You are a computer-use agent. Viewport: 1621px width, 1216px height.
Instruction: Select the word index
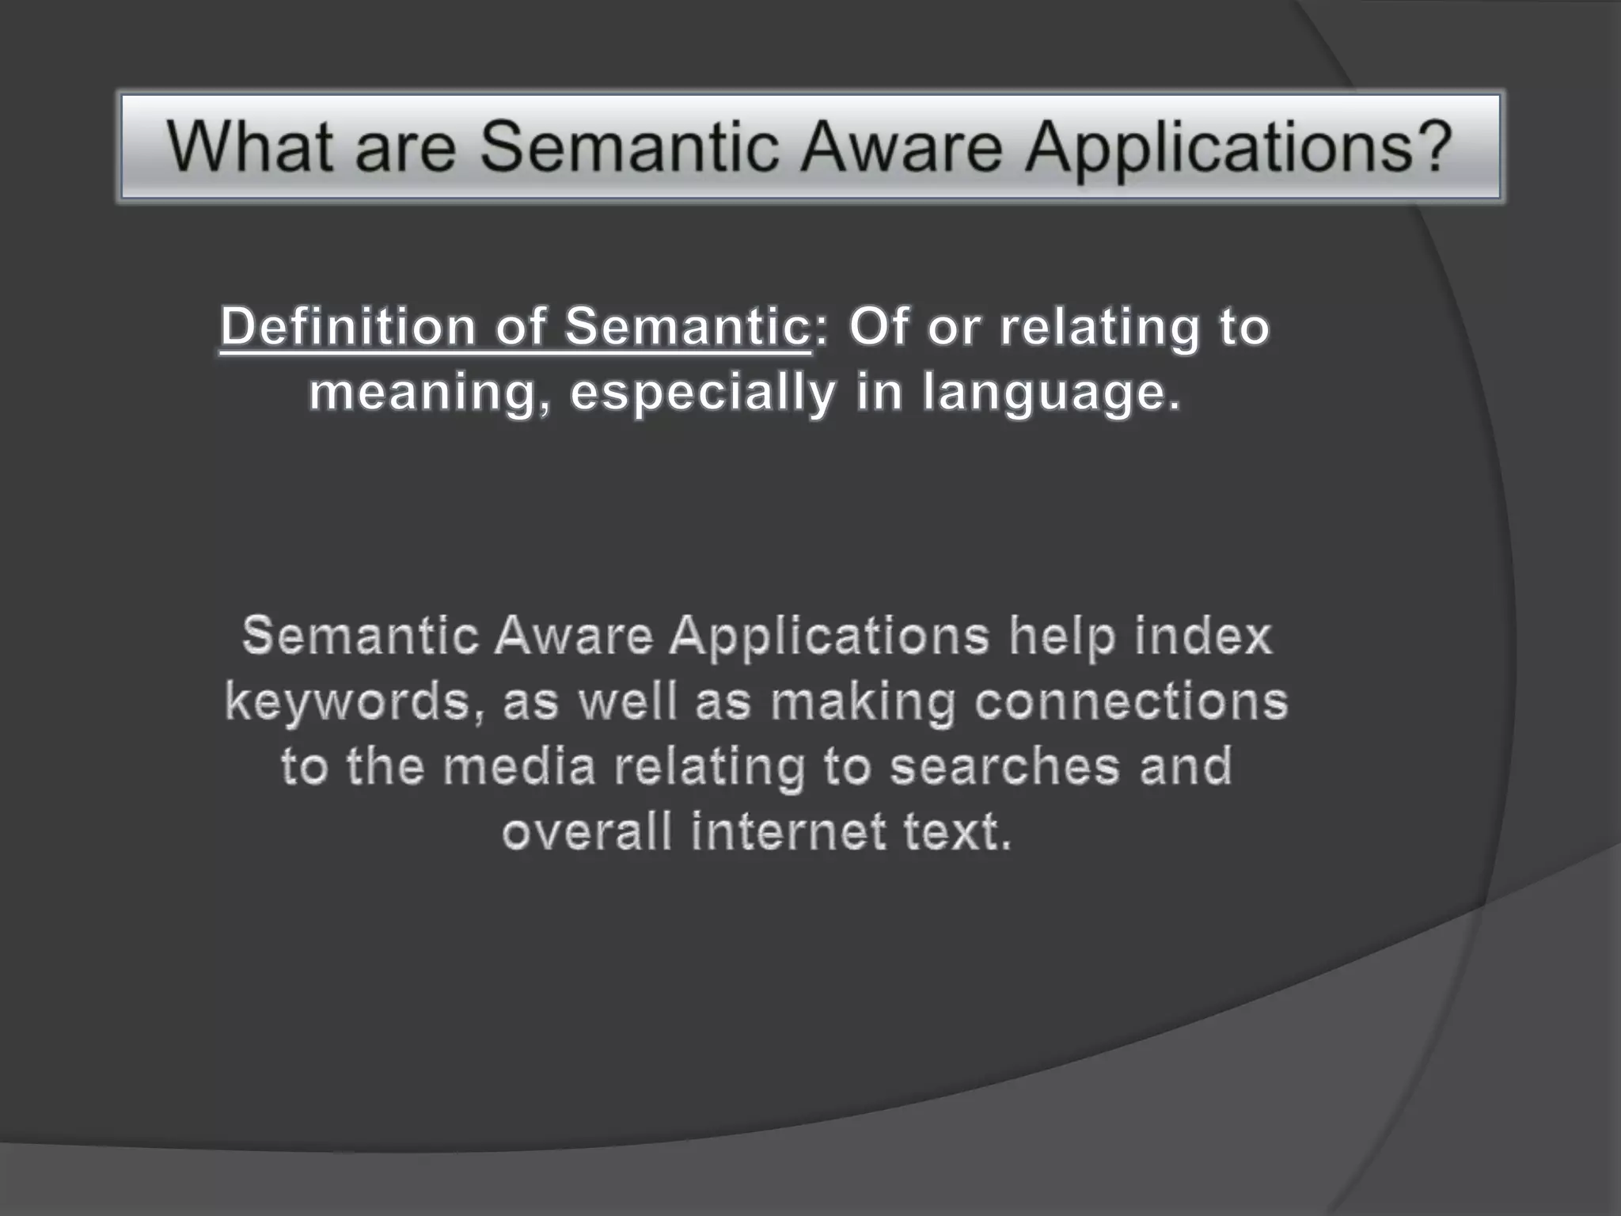pos(1203,636)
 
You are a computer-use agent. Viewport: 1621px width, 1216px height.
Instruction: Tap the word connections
pos(1131,701)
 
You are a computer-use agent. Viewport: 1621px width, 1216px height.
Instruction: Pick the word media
pos(518,766)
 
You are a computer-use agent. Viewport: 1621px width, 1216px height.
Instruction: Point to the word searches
pos(1004,766)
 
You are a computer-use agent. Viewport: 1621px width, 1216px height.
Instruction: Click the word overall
pos(587,832)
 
